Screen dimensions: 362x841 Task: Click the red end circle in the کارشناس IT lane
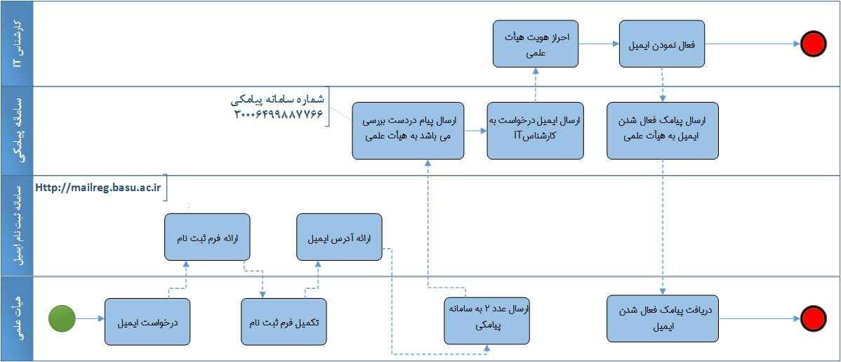click(813, 44)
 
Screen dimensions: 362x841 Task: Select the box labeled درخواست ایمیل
click(147, 322)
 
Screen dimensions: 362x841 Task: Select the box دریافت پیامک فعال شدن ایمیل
click(663, 318)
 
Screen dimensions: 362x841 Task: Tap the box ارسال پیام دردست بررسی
click(409, 131)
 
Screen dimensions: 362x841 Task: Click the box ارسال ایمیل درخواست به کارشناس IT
click(535, 131)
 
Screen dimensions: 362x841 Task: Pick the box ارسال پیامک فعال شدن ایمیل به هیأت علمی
click(663, 131)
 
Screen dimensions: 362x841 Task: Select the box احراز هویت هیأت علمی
click(535, 44)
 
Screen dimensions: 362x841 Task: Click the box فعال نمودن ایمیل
click(662, 44)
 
